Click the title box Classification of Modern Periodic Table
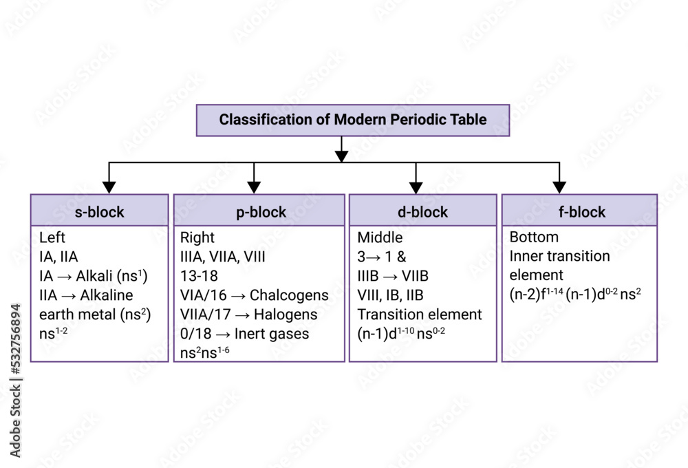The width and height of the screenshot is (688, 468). pos(353,120)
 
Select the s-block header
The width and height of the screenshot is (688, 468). pos(99,211)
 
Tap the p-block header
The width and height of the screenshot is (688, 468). pos(260,211)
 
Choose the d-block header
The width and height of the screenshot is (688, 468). pos(422,211)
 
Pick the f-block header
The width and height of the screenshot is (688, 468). pos(579,211)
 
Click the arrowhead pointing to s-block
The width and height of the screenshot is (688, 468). pos(109,187)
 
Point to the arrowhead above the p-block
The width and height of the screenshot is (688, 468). pos(254,187)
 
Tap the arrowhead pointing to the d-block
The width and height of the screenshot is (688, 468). pos(416,187)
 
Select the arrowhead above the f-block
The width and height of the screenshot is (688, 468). pos(559,187)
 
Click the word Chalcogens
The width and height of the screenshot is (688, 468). pos(289,295)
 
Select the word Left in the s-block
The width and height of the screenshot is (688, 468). pos(52,237)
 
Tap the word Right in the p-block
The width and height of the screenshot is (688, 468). pos(197,237)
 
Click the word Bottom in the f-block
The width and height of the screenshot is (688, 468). pos(534,237)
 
